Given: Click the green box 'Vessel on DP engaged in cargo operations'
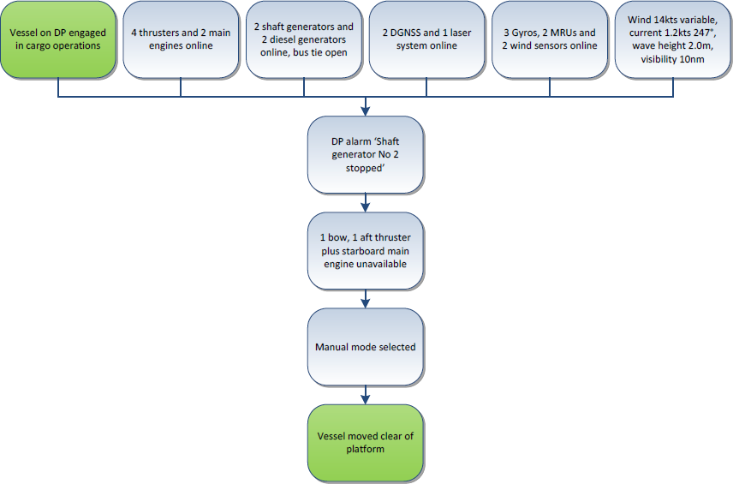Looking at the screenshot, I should pyautogui.click(x=57, y=39).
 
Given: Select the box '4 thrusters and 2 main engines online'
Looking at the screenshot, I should pyautogui.click(x=181, y=39).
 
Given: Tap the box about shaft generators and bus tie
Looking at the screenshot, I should pyautogui.click(x=304, y=39).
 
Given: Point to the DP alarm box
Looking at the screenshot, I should pyautogui.click(x=366, y=155).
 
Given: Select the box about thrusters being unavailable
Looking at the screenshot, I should pyautogui.click(x=366, y=251).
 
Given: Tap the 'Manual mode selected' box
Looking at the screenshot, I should pyautogui.click(x=366, y=347).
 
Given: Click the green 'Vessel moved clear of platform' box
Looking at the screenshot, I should pyautogui.click(x=366, y=443).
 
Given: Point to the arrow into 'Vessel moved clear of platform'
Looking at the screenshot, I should pyautogui.click(x=366, y=396).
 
